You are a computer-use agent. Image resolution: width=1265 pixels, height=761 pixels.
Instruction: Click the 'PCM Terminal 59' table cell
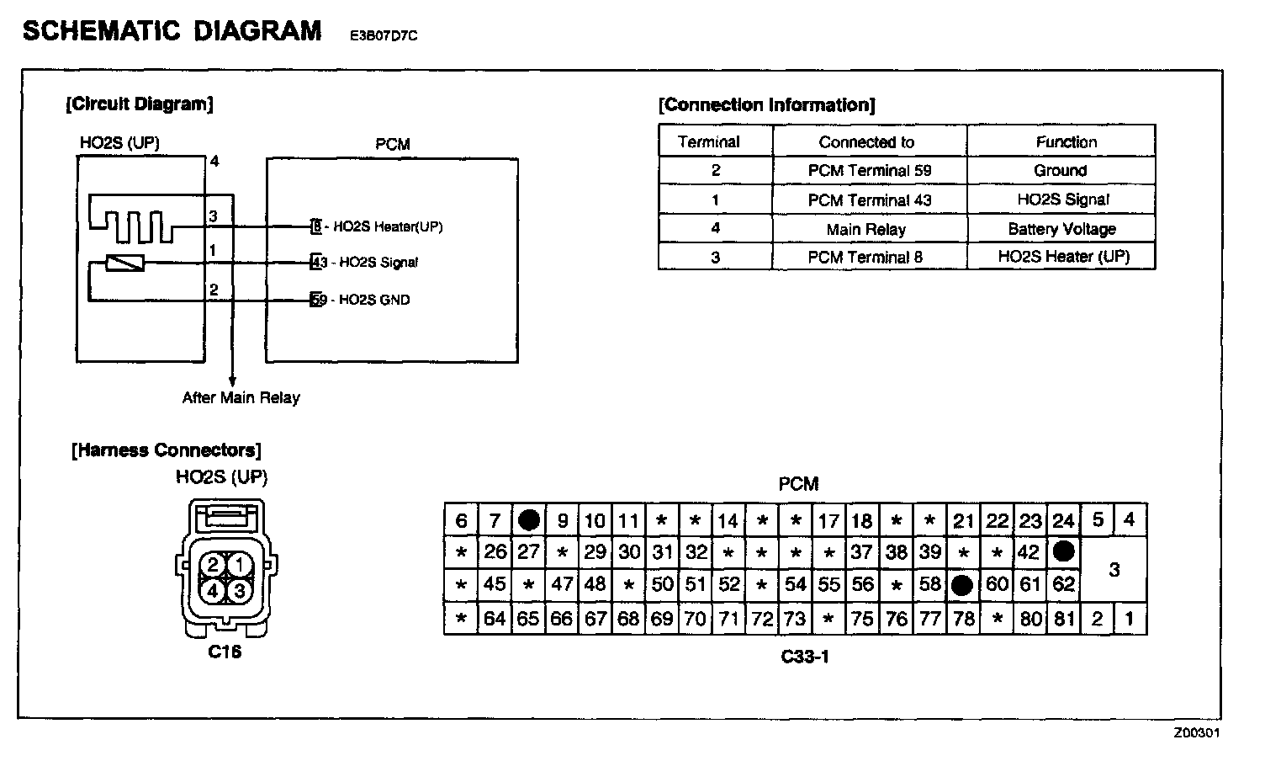point(870,171)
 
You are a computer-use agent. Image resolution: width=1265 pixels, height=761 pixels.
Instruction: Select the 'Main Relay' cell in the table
point(866,229)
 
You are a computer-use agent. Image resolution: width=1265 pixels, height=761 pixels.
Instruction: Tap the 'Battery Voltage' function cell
point(1061,229)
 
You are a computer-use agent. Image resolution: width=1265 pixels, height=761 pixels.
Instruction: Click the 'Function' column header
point(1066,142)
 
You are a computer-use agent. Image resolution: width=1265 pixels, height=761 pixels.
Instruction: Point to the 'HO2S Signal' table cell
point(1062,200)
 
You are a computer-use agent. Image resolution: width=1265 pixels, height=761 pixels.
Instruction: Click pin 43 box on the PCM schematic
point(316,263)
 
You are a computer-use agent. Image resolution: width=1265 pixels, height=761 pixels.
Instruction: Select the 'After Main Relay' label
point(241,398)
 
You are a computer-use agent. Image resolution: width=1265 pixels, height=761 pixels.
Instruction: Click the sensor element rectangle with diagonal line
point(125,263)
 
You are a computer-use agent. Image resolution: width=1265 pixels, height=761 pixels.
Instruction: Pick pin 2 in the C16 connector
point(213,565)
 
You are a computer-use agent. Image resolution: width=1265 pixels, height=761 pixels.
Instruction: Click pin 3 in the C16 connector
point(240,591)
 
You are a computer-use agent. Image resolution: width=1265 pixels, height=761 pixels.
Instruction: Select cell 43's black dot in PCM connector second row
point(1064,552)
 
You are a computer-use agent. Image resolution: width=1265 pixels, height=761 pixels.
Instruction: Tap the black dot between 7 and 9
point(528,520)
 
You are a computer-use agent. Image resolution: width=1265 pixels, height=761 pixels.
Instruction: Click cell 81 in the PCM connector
point(1064,620)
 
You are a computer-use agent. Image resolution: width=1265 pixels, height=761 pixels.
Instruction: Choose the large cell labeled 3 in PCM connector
point(1114,570)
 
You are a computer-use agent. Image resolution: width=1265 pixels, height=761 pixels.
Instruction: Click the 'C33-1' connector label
point(804,657)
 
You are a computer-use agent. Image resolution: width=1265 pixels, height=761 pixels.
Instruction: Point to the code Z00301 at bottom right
point(1197,732)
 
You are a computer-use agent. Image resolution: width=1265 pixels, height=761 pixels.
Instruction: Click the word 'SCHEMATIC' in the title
point(103,31)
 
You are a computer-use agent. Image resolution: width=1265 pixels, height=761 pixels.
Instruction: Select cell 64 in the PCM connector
point(495,620)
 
